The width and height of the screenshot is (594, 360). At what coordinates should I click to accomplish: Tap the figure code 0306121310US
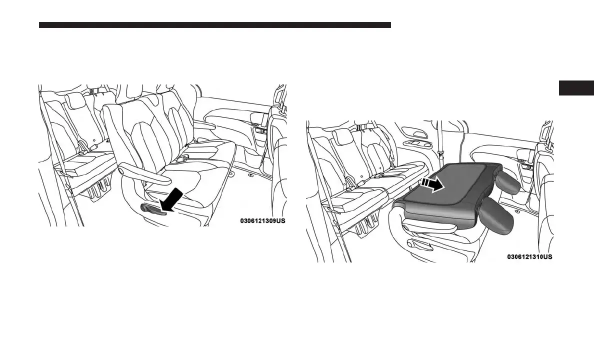[529, 256]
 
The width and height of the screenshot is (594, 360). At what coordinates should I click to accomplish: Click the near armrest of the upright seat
[145, 172]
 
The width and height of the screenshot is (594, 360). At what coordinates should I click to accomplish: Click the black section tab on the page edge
[576, 87]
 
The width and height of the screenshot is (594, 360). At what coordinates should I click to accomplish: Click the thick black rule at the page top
[215, 25]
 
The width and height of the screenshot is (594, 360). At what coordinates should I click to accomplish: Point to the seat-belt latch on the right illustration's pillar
[440, 150]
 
